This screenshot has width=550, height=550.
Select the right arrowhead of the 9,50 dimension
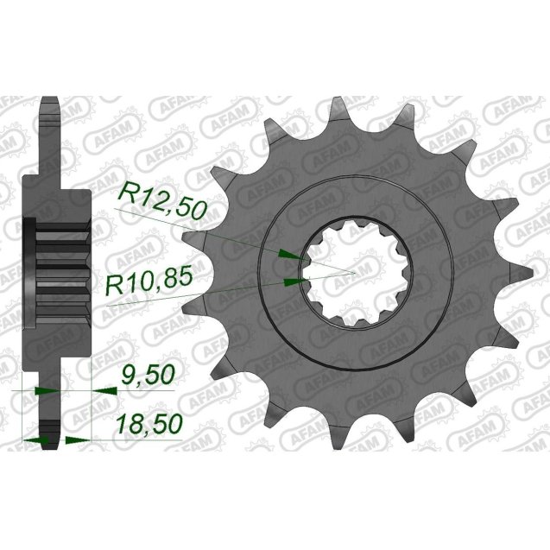coord(104,390)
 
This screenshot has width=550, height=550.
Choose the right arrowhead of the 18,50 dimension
coord(73,440)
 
